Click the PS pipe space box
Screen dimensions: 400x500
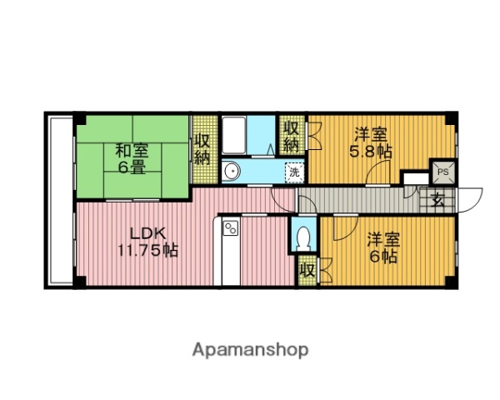point(443,172)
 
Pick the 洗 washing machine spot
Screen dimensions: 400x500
point(293,172)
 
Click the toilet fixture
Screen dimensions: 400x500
point(305,237)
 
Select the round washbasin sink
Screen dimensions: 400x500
point(232,172)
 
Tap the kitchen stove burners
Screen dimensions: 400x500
point(230,227)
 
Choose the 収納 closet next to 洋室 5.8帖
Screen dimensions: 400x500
point(291,136)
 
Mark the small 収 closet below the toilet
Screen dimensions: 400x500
point(306,272)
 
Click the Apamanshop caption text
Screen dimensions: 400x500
point(250,349)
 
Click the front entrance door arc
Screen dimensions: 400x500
point(471,200)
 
